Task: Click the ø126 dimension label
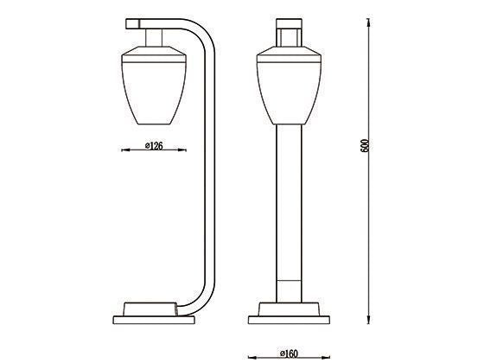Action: point(155,146)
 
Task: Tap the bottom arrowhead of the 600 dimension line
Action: point(371,321)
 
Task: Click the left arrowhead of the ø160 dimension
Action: point(251,355)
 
